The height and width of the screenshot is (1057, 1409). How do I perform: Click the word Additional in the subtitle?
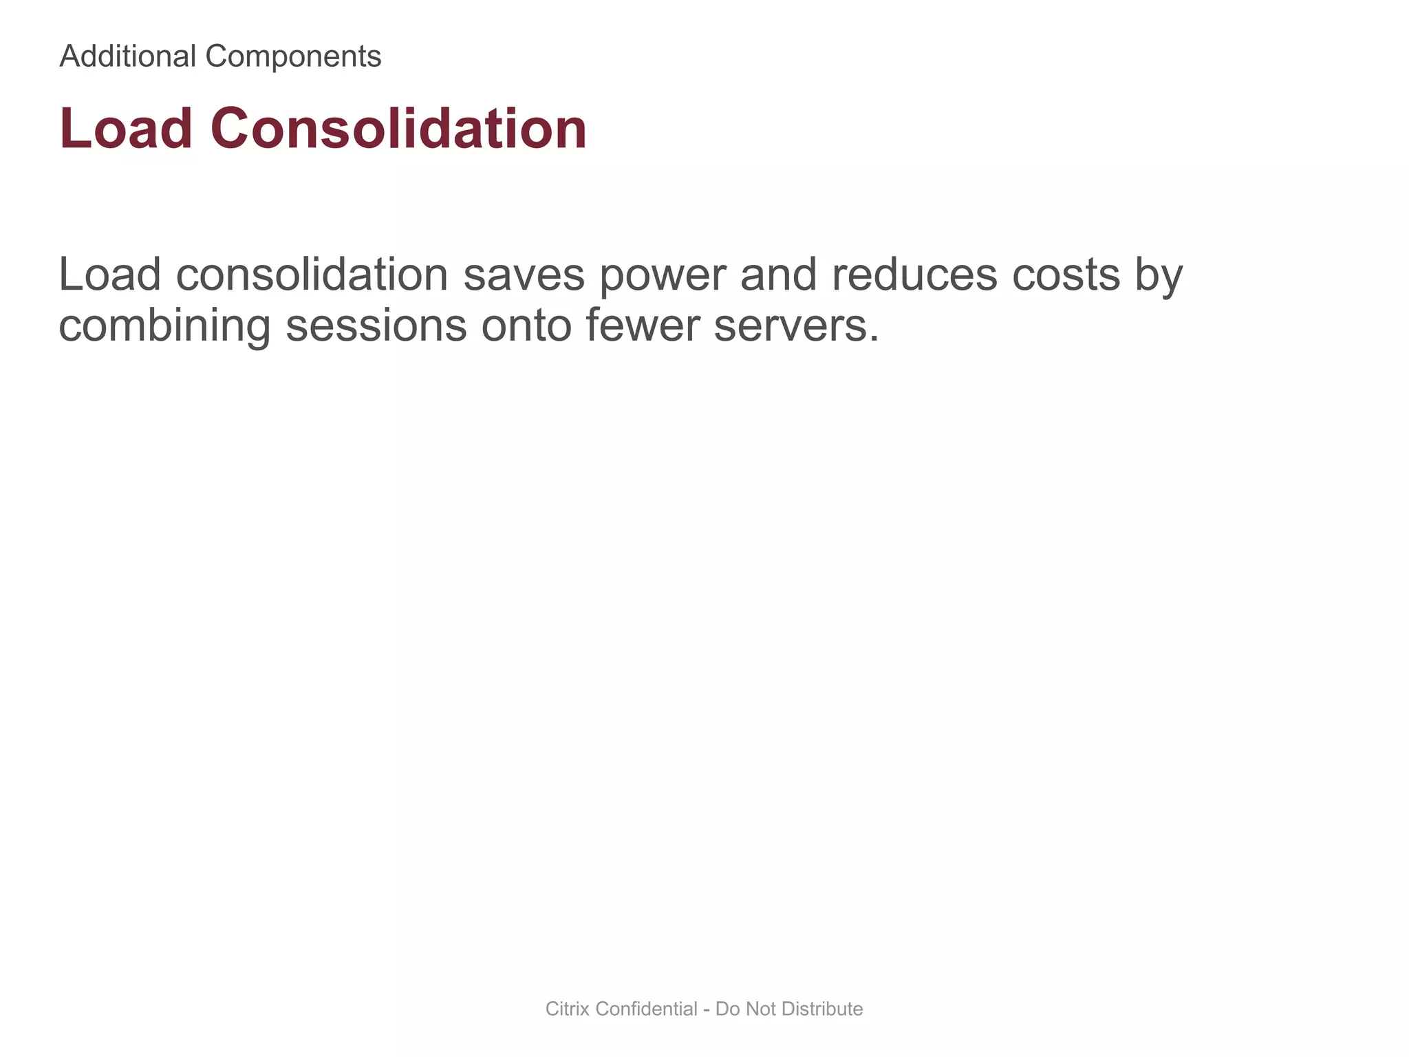128,56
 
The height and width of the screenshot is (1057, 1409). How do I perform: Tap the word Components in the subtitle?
293,56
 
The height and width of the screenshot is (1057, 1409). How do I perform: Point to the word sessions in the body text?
376,326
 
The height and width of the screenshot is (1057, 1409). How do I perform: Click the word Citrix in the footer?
568,1009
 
